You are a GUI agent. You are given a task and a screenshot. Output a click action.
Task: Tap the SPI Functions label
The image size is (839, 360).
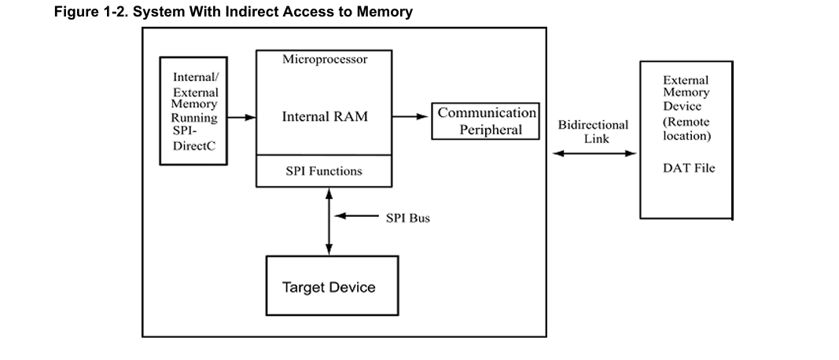click(324, 171)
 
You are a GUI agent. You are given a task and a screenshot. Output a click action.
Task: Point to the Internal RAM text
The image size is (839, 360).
click(325, 117)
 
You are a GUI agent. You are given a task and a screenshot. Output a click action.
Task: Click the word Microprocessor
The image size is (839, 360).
click(324, 59)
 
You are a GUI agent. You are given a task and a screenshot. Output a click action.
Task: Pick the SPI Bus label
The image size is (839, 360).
click(407, 218)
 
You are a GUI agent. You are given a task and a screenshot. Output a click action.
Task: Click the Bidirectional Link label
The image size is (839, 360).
click(593, 131)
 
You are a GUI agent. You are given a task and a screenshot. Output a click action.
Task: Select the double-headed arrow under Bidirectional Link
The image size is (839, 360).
click(593, 153)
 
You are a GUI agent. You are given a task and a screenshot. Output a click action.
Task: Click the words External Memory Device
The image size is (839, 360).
click(686, 93)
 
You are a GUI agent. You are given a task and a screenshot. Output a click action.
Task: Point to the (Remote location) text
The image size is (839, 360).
click(686, 129)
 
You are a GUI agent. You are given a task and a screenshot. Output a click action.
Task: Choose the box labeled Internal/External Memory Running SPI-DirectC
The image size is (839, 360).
click(193, 111)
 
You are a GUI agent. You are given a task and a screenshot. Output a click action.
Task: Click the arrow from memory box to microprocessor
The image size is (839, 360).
click(242, 118)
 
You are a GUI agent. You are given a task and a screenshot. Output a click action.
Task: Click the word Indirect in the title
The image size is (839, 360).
click(252, 12)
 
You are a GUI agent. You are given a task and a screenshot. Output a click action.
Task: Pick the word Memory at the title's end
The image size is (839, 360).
click(386, 12)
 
